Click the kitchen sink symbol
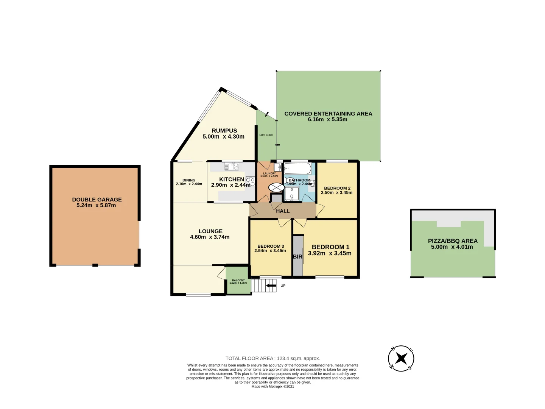[x=231, y=167]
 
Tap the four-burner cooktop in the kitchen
[x=250, y=181]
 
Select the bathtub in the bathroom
[x=297, y=169]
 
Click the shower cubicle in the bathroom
[x=292, y=194]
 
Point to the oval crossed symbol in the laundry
[x=276, y=187]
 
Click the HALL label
[x=283, y=211]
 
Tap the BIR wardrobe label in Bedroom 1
[x=297, y=257]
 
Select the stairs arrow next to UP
[x=271, y=286]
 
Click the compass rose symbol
[x=401, y=358]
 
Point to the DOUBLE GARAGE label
[x=97, y=200]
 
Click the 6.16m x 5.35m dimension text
[x=327, y=119]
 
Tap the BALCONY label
[x=238, y=280]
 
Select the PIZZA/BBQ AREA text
[x=453, y=241]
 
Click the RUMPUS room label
[x=224, y=131]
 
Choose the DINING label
[x=189, y=180]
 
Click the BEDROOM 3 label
[x=270, y=246]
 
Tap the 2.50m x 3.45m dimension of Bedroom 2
[x=336, y=192]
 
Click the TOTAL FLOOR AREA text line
[x=272, y=358]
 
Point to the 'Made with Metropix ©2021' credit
[x=272, y=387]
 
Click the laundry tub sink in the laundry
[x=277, y=167]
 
